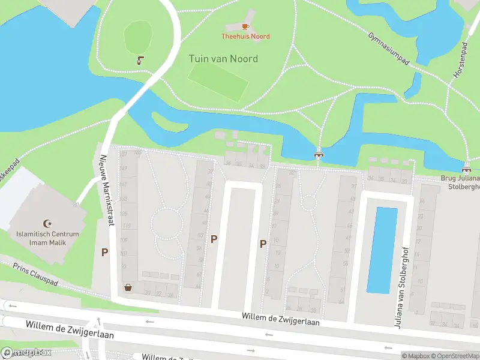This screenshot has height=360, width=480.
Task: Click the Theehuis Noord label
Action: [245, 37]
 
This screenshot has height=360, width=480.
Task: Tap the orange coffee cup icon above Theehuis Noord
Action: [245, 26]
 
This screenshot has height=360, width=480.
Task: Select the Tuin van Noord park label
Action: [223, 59]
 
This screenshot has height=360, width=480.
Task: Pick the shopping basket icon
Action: [128, 287]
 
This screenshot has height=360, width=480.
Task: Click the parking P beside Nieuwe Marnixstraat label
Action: [104, 253]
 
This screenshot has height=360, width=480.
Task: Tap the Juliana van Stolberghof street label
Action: [398, 294]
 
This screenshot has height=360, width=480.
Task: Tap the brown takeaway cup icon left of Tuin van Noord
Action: [140, 60]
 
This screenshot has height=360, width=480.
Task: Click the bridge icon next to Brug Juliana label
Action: [466, 168]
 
